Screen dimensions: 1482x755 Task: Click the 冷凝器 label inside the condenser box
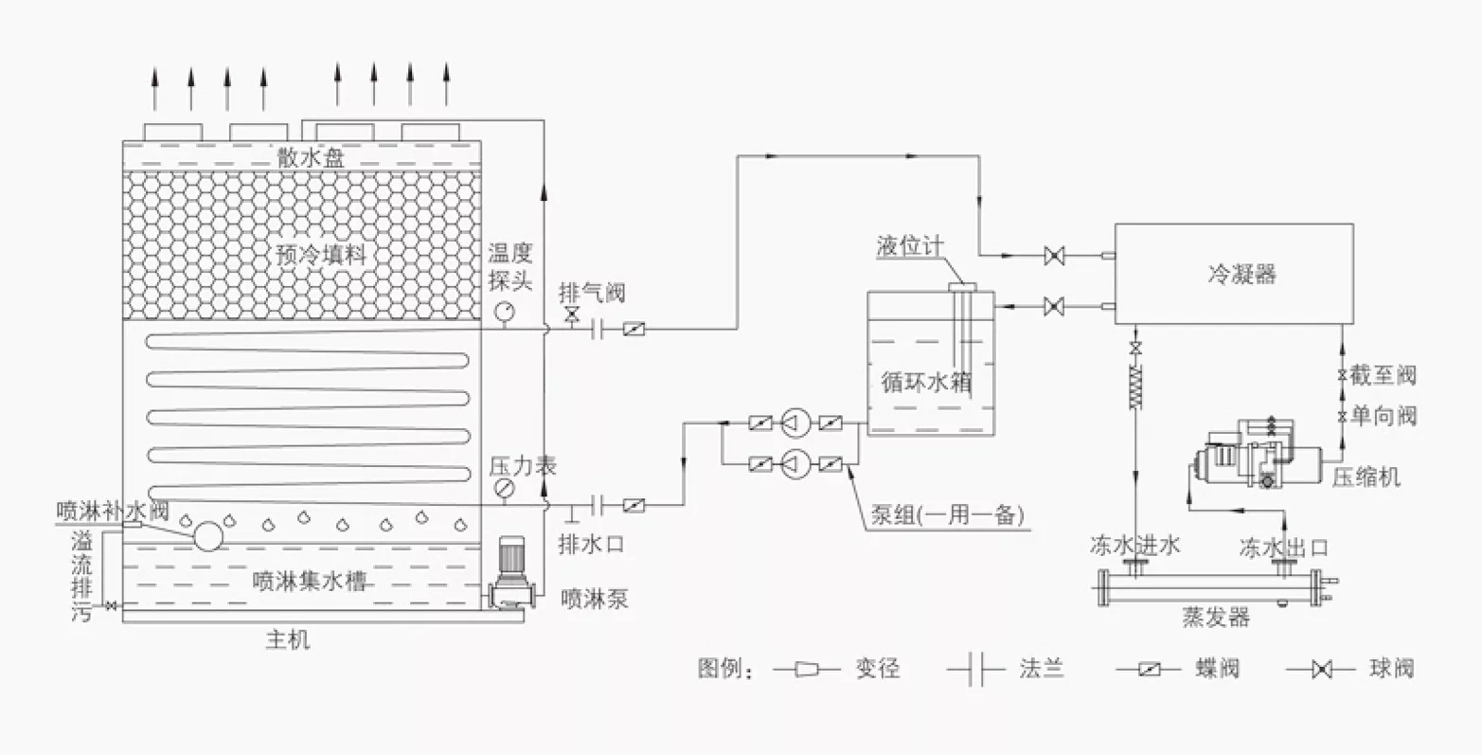[x=1241, y=273]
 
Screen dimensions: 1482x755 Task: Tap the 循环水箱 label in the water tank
[x=926, y=382]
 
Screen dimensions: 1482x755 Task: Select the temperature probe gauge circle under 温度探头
[x=504, y=311]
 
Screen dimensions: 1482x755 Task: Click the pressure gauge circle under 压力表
[x=504, y=489]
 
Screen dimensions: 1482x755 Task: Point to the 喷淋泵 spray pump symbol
[x=510, y=572]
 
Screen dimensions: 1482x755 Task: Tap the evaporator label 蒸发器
[x=1216, y=618]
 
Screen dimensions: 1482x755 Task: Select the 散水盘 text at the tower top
[x=311, y=157]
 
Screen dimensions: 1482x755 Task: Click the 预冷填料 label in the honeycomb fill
[x=321, y=254]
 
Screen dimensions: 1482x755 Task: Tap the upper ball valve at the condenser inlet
[x=1054, y=256]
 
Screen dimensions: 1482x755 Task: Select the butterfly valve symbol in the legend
[x=1150, y=670]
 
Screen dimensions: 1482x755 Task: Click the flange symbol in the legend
[x=977, y=669]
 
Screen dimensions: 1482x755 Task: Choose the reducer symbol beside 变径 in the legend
[x=807, y=669]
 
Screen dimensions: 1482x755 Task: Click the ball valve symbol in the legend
[x=1321, y=670]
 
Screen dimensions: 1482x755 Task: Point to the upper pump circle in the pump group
[x=795, y=422]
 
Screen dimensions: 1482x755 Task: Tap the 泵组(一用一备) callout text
[x=947, y=514]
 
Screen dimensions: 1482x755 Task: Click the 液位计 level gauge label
[x=910, y=246]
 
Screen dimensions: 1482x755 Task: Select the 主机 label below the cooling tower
[x=288, y=639]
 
